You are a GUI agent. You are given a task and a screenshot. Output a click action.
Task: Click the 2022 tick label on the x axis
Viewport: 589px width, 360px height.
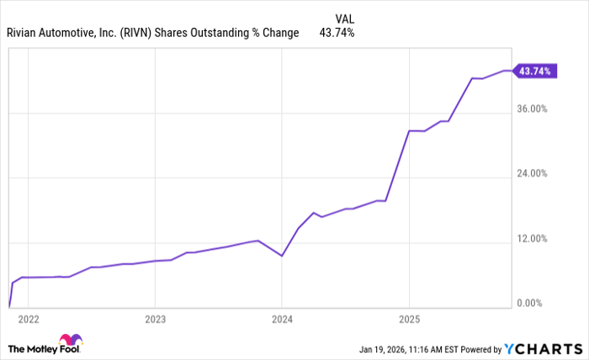28,320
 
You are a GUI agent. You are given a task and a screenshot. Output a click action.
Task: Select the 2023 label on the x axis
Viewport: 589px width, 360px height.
154,320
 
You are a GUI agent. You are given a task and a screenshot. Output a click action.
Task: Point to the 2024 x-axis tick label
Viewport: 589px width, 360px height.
281,320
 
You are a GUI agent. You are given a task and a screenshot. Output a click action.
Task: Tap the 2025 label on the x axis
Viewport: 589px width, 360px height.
408,320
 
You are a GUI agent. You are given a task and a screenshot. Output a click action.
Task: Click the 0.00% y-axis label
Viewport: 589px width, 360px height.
531,304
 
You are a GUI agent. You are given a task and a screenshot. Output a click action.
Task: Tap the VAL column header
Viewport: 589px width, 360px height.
343,17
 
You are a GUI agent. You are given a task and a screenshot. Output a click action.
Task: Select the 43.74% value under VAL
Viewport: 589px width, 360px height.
337,33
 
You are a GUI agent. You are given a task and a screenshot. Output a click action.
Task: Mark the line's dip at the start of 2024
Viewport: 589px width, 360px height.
281,255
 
